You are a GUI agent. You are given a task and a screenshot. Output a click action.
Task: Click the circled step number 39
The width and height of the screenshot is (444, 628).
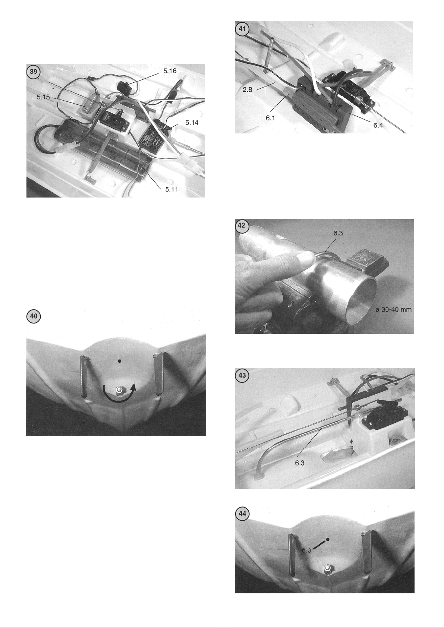pos(34,72)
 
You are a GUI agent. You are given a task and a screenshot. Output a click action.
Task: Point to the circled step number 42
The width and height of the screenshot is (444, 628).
pos(242,226)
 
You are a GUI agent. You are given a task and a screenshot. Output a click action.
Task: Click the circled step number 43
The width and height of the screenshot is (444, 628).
pos(242,375)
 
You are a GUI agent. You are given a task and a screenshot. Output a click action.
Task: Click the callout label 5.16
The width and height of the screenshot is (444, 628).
pos(170,71)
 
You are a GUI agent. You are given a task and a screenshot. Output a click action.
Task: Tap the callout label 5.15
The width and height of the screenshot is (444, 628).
pos(43,97)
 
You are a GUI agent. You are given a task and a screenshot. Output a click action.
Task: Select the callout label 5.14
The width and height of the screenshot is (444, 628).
pos(192,122)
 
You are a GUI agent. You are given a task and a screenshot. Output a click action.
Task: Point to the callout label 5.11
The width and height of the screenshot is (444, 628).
pos(171,189)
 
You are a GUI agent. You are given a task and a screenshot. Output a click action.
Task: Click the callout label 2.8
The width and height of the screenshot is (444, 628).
pos(248,90)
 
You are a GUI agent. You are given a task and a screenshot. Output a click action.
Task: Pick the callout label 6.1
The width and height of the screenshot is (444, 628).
pos(270,118)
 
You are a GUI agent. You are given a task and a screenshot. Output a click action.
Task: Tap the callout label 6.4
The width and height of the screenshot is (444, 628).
pos(378,125)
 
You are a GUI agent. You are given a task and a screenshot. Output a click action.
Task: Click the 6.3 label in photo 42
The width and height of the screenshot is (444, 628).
pos(338,233)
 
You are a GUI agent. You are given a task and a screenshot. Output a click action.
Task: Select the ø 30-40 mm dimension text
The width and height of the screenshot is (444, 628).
pos(394,309)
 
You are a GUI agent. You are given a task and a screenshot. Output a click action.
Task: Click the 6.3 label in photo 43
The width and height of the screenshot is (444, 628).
pos(300,463)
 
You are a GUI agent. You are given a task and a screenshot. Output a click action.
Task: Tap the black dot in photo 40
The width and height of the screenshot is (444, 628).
pos(120,362)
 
